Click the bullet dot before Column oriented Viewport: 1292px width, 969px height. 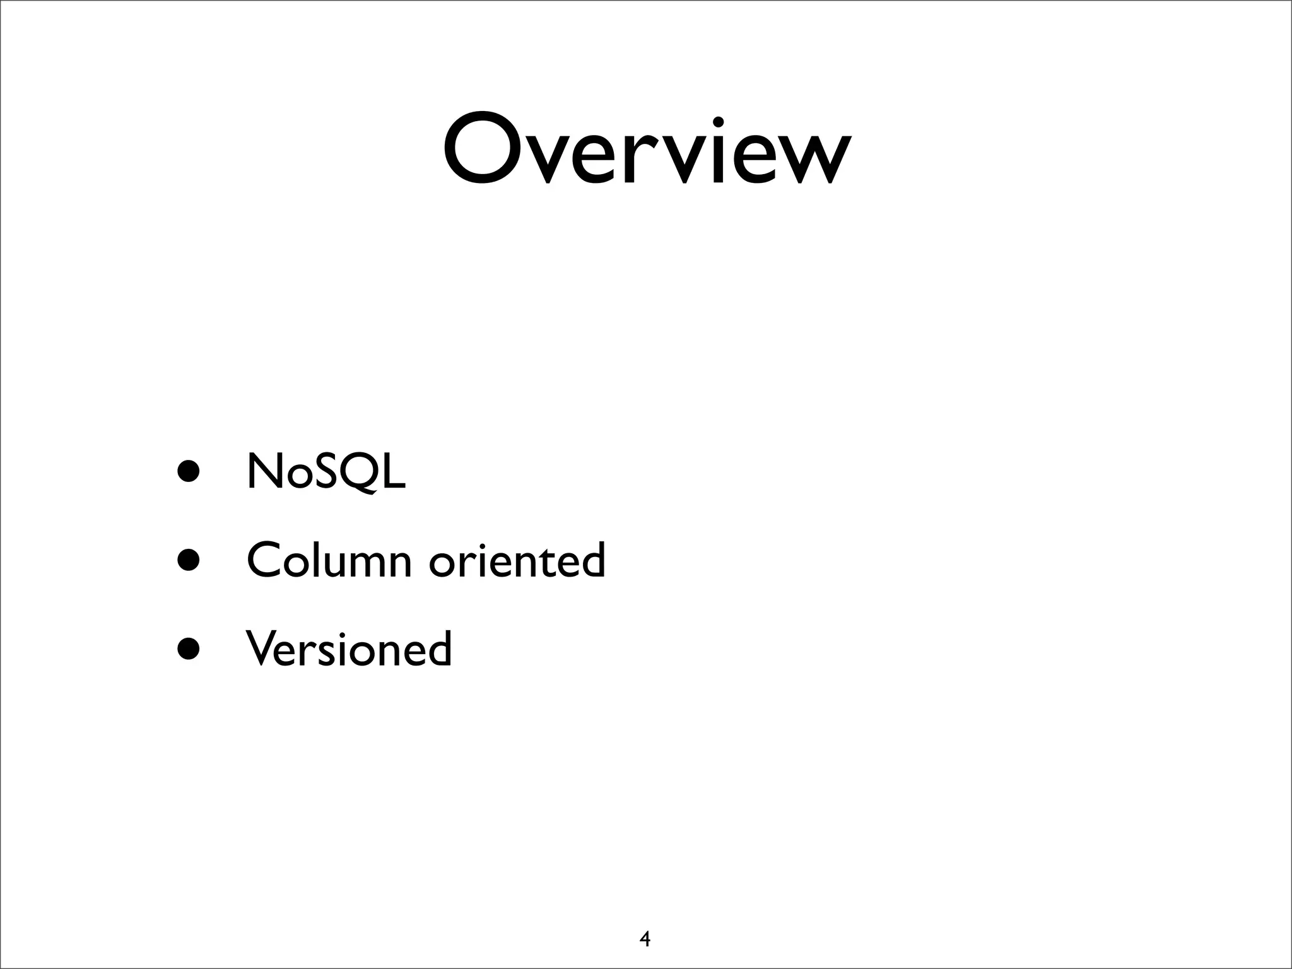(x=189, y=559)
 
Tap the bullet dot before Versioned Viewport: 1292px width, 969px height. (x=189, y=647)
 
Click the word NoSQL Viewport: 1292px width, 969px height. (x=326, y=471)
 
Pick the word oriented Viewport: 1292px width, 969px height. (x=517, y=560)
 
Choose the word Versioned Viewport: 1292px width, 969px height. (x=349, y=649)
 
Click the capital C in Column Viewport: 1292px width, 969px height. (x=264, y=560)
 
